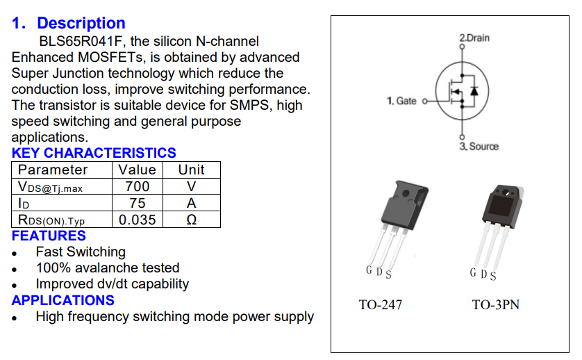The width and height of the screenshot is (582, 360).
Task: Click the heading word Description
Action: tap(81, 24)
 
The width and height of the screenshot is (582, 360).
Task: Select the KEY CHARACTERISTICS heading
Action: tap(94, 153)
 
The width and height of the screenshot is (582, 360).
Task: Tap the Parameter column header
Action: tap(53, 170)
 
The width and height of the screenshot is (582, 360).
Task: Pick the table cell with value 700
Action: tap(137, 186)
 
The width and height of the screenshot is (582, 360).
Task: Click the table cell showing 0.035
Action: tap(137, 220)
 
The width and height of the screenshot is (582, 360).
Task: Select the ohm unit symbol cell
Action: tap(191, 220)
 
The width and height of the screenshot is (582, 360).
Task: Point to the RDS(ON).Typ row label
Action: tap(51, 220)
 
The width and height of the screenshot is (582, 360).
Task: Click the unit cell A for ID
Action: tap(191, 203)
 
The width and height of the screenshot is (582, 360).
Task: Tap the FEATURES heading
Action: tap(49, 236)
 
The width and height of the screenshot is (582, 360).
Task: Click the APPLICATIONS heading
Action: tap(63, 300)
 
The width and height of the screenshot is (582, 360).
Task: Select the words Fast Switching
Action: tap(81, 252)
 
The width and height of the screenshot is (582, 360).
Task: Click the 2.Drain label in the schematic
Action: tap(474, 38)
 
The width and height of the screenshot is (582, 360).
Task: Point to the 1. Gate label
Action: tap(401, 101)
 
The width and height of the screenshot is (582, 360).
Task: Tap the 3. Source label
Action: tap(479, 146)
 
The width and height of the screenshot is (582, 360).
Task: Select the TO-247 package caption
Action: tap(380, 304)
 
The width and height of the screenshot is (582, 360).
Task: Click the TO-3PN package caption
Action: tap(495, 304)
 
